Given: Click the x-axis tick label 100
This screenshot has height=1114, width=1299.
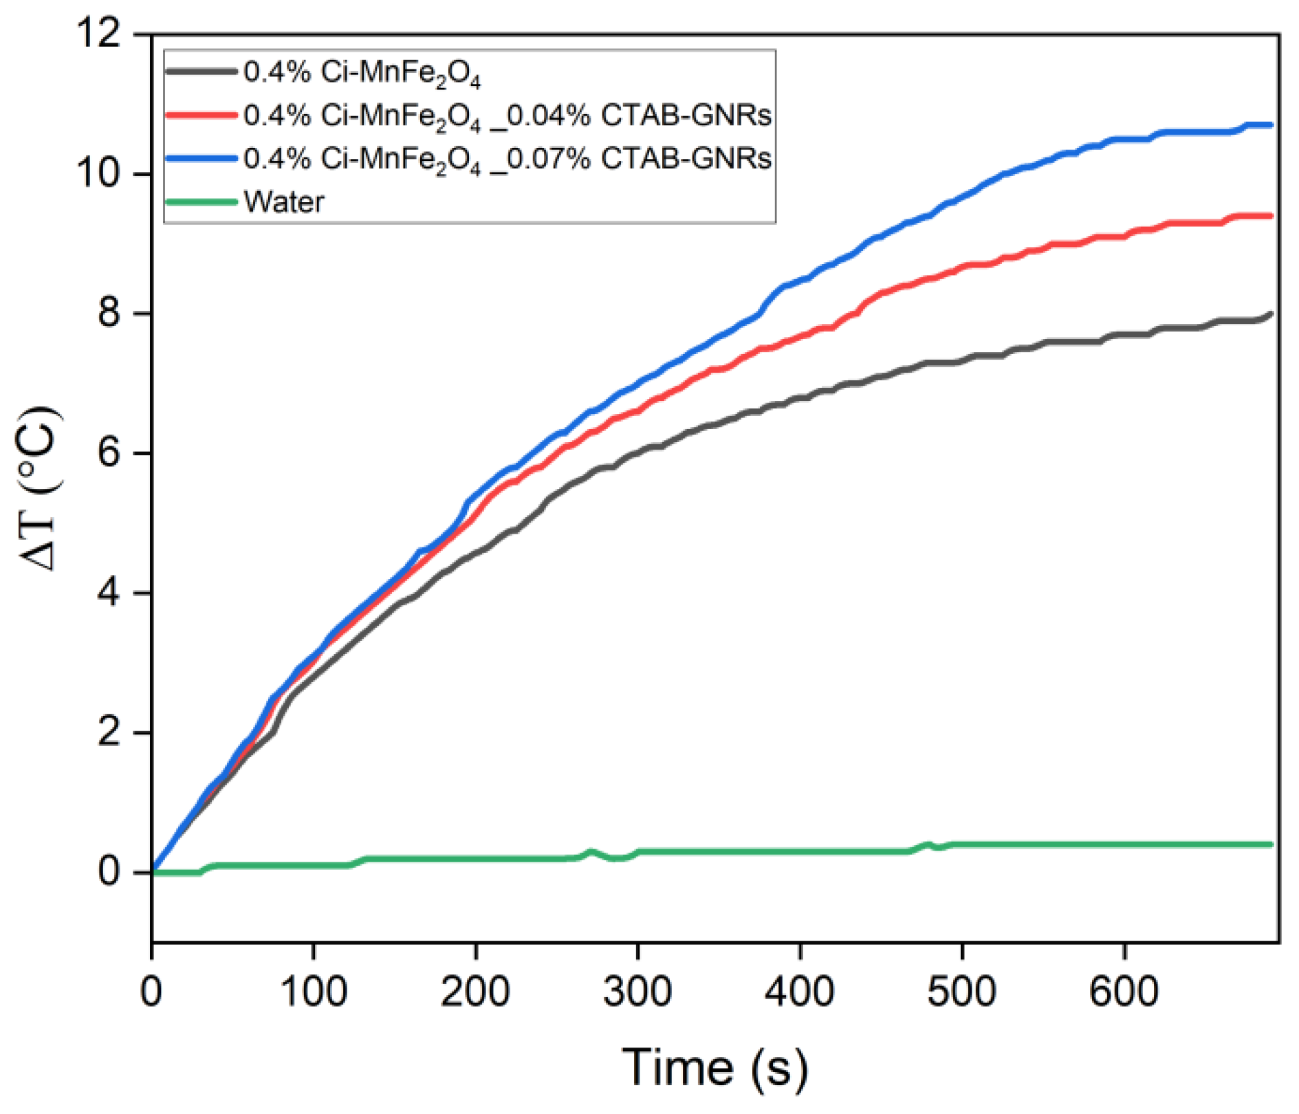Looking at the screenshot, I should point(314,992).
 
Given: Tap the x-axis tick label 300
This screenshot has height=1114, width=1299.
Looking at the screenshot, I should point(637,992).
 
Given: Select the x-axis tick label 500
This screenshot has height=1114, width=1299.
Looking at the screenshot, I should point(961,992).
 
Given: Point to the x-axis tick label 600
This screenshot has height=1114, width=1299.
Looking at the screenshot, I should point(1124,992).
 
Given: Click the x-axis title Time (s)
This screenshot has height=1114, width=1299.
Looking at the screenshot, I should point(715,1068).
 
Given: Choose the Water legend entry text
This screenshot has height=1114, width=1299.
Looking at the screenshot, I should point(284,202).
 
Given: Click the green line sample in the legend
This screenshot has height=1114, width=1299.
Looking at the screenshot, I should point(201,201).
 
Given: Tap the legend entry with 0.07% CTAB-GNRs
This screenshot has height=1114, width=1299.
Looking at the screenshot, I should point(507,159).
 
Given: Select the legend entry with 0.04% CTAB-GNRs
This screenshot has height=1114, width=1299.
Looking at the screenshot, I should point(507,116).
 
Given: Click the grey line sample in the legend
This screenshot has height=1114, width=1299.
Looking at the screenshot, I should point(201,72).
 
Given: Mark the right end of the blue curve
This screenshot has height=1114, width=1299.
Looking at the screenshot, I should point(1271,125).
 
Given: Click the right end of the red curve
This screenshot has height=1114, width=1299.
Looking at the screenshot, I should point(1271,216).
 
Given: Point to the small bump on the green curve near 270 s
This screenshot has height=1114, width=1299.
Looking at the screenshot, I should point(591,853).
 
